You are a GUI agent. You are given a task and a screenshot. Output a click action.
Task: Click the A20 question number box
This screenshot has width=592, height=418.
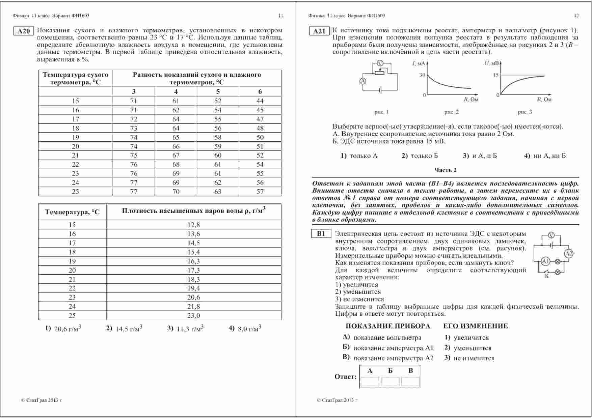[23, 31]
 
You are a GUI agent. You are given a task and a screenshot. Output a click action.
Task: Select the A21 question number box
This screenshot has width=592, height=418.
[319, 31]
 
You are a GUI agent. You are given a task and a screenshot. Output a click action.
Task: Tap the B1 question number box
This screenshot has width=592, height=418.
[321, 234]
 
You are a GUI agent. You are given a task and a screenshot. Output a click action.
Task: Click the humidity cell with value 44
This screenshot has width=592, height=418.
[260, 101]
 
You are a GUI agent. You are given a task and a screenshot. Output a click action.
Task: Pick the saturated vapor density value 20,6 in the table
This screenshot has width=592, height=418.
[193, 297]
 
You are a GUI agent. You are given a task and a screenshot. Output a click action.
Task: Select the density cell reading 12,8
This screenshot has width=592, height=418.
[193, 225]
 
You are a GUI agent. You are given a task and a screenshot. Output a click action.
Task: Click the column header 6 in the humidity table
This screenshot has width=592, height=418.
[260, 91]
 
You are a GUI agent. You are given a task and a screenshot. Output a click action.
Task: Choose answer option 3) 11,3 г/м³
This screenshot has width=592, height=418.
[185, 329]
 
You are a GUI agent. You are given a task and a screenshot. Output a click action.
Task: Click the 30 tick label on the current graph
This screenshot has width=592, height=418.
[422, 75]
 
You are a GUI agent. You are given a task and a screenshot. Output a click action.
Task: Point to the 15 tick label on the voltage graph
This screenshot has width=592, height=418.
[495, 75]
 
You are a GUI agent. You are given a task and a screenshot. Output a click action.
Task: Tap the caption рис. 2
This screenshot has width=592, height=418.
[452, 112]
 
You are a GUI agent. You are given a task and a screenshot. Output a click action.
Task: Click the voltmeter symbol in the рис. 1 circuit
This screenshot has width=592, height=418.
[380, 63]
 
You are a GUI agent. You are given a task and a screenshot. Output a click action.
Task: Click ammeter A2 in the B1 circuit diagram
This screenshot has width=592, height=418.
[569, 254]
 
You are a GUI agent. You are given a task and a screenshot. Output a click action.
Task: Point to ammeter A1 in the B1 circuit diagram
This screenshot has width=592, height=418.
[545, 261]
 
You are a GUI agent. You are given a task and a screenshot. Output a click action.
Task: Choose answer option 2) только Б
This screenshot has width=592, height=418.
[420, 156]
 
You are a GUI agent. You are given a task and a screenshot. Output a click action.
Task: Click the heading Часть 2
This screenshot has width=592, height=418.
[446, 170]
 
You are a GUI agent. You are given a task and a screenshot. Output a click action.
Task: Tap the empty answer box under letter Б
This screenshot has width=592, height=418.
[390, 382]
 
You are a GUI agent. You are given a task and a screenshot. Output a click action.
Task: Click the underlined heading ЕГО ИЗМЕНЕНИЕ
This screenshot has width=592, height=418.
[475, 326]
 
